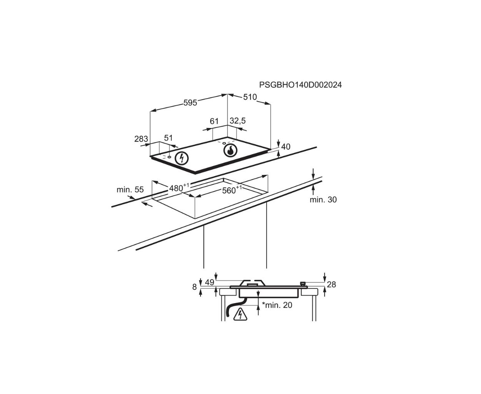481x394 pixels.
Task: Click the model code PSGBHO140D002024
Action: [x=300, y=85]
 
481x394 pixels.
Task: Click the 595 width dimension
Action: [x=190, y=103]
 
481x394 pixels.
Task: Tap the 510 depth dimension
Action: [x=250, y=97]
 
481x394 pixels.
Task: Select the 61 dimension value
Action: [x=214, y=121]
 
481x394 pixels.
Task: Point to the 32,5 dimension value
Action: [x=237, y=121]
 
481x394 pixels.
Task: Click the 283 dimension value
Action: [x=141, y=139]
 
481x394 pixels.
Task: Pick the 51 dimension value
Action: [x=168, y=138]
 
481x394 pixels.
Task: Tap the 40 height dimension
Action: [x=285, y=147]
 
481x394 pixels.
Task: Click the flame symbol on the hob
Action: [x=231, y=151]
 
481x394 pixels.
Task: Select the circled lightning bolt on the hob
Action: [x=182, y=158]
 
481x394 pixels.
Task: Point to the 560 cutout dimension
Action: [x=232, y=189]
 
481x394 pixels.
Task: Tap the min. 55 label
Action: [x=130, y=190]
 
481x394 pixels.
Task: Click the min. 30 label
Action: [x=323, y=200]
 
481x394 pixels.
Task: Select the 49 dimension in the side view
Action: [x=210, y=283]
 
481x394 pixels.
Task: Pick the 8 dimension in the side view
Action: [x=194, y=287]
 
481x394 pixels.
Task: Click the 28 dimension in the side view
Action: [x=332, y=285]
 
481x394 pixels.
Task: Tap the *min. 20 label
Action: [x=277, y=305]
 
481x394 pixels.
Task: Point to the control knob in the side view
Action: [x=303, y=284]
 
